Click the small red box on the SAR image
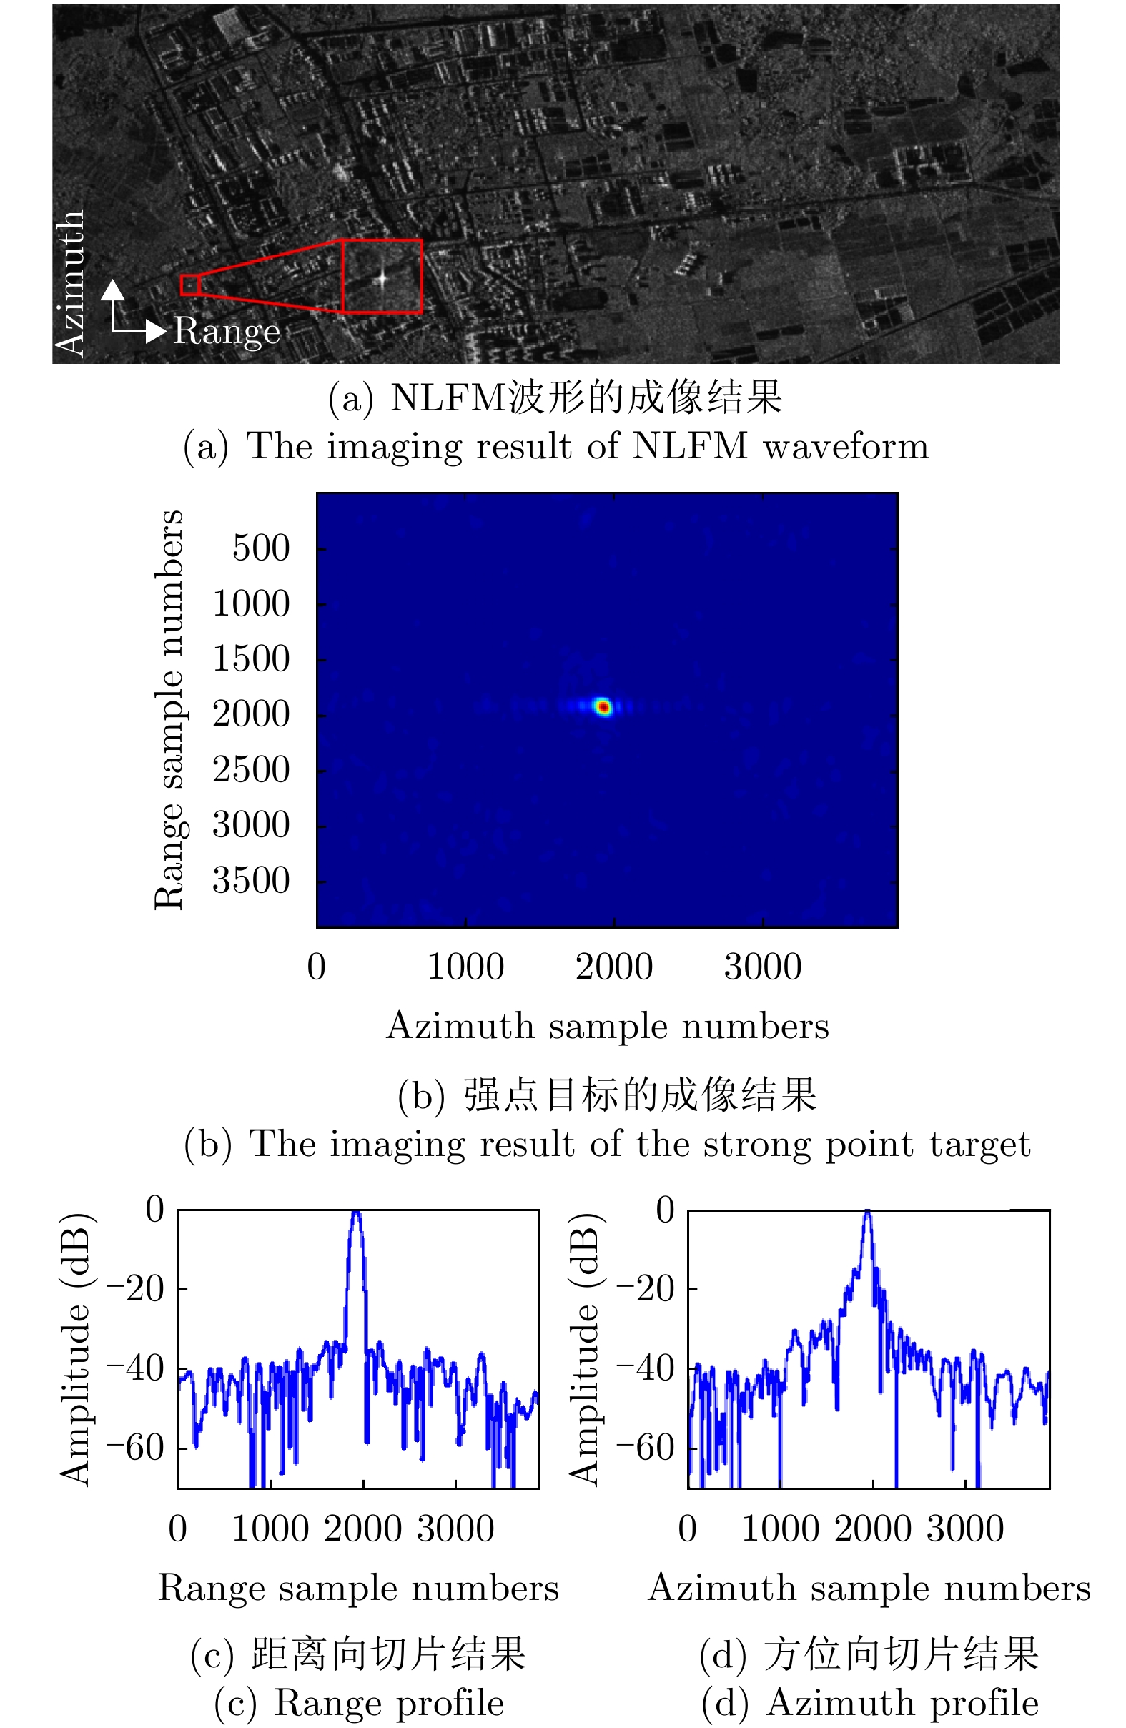click(189, 285)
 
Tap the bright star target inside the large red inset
click(382, 277)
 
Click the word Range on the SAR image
click(226, 331)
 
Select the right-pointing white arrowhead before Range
click(156, 331)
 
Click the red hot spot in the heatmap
click(603, 706)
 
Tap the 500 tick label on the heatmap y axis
click(261, 548)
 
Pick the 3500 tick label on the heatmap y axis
click(250, 881)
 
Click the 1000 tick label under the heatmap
click(465, 967)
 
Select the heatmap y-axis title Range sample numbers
click(169, 709)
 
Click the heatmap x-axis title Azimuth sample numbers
click(607, 1027)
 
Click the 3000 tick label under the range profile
click(455, 1529)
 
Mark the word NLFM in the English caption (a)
click(689, 445)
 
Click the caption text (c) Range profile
click(360, 1703)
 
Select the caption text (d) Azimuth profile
click(870, 1703)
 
